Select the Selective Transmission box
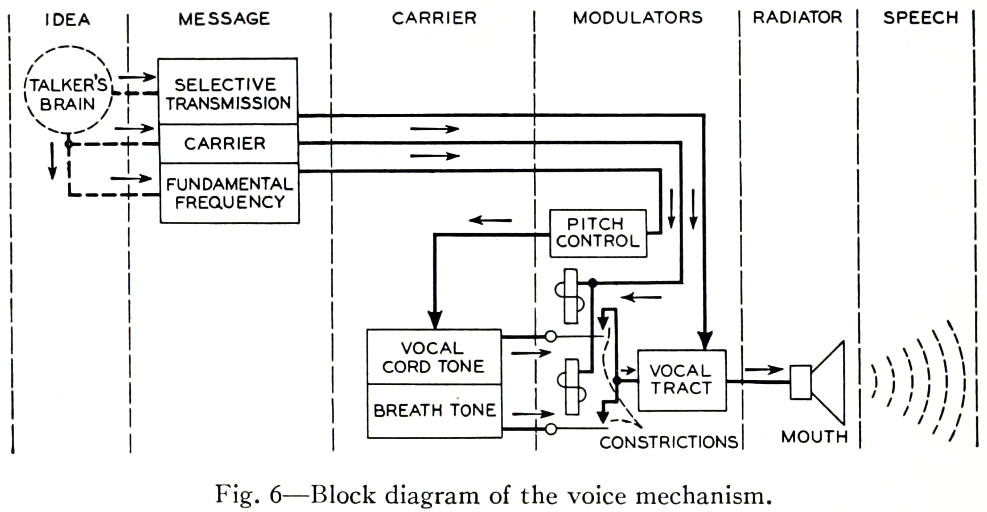[x=228, y=92]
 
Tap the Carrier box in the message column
[x=228, y=143]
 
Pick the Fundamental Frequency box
[x=229, y=193]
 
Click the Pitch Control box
[x=598, y=233]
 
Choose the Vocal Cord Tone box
[x=434, y=357]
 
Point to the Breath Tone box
[x=434, y=410]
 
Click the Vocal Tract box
[x=681, y=379]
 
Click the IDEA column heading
[x=68, y=19]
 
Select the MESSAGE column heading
[x=224, y=19]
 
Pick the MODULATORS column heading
[x=638, y=18]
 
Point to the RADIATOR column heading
[x=797, y=18]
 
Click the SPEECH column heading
[x=920, y=18]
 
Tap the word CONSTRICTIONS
[x=669, y=442]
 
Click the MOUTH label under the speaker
[x=815, y=436]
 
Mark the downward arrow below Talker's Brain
[x=52, y=160]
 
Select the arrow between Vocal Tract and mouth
[x=764, y=370]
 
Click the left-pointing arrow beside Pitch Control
[x=490, y=220]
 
